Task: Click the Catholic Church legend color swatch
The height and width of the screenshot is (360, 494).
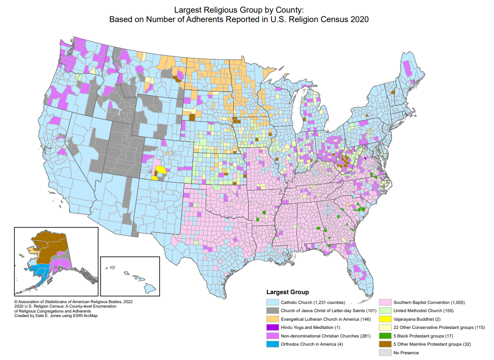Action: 272,303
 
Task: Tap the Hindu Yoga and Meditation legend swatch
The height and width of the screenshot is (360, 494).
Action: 272,328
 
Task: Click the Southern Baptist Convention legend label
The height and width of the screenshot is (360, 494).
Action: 429,303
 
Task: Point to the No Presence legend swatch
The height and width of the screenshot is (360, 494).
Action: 385,353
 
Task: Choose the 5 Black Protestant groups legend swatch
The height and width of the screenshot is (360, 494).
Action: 385,336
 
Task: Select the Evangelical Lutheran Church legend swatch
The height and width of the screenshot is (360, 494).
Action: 272,319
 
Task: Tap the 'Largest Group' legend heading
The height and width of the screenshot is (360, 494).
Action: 287,292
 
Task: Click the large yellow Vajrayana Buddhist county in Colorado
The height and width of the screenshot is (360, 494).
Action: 161,170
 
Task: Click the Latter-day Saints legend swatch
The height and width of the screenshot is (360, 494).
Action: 272,311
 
